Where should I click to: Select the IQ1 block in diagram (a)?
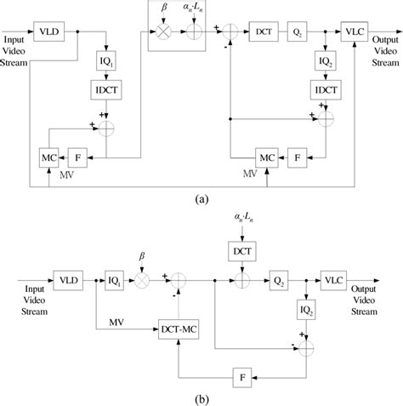pyautogui.click(x=106, y=63)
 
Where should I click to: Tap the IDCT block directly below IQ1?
pyautogui.click(x=106, y=89)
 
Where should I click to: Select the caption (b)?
pyautogui.click(x=201, y=397)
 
